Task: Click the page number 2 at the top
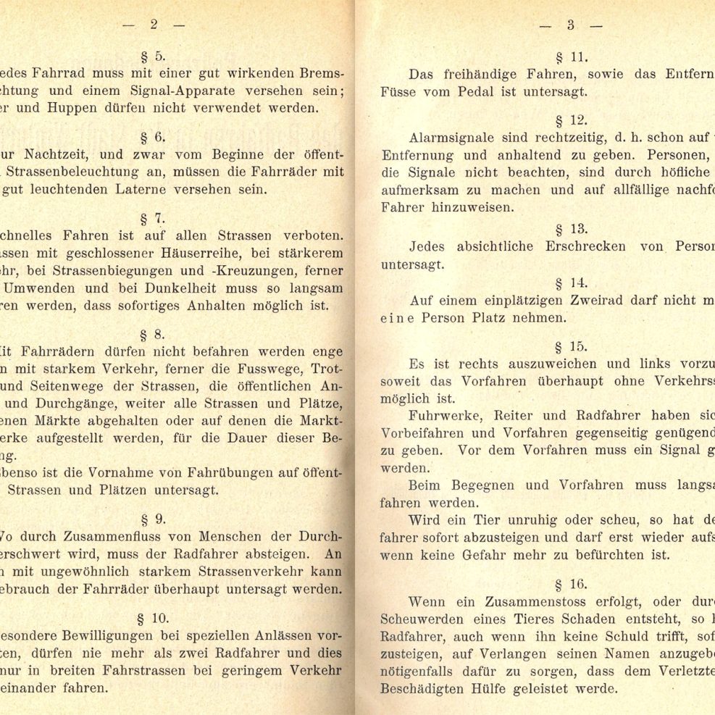(x=154, y=24)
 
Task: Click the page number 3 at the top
(x=570, y=24)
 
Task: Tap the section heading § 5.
(x=154, y=56)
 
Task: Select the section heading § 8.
(x=153, y=335)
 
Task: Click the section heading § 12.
(x=572, y=120)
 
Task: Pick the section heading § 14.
(x=572, y=283)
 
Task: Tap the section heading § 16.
(x=572, y=583)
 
